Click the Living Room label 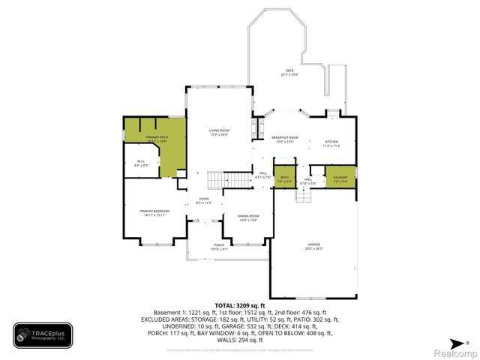pyautogui.click(x=219, y=130)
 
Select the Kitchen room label pyautogui.click(x=331, y=142)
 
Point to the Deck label pyautogui.click(x=289, y=70)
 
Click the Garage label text pyautogui.click(x=313, y=244)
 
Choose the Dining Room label pyautogui.click(x=248, y=216)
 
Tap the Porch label pyautogui.click(x=219, y=245)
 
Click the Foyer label pyautogui.click(x=204, y=199)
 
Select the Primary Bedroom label pyautogui.click(x=154, y=211)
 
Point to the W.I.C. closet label pyautogui.click(x=140, y=161)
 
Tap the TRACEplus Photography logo pyautogui.click(x=43, y=335)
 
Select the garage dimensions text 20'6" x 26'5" pyautogui.click(x=313, y=248)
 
